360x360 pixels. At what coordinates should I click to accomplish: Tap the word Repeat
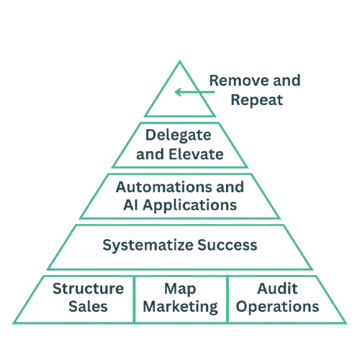coord(257,101)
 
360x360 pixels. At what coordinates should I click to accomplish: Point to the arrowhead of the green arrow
coord(178,92)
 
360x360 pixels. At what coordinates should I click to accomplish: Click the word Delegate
coord(179,135)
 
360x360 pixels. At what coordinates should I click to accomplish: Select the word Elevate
coord(196,154)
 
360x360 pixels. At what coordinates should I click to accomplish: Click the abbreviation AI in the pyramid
coord(130,205)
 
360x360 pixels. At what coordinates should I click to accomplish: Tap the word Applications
coord(190,206)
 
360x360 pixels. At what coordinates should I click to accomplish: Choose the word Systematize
coord(148,246)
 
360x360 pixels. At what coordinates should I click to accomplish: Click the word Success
coord(228,245)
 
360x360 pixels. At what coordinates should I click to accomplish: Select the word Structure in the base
coord(88,289)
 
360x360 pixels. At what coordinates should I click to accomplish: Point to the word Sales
coord(88,307)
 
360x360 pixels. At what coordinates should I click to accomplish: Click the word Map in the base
coord(180,289)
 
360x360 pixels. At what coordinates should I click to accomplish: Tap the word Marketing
coord(180,307)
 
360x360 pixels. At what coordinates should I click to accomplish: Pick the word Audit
coord(277,289)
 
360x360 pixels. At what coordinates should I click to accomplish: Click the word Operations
coord(277,307)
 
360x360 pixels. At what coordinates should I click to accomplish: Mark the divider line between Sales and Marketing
coord(134,300)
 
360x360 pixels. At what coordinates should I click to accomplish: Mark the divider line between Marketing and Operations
coord(228,300)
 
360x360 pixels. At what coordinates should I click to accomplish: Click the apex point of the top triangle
coord(180,61)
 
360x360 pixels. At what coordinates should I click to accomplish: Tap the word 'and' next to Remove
coord(287,81)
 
